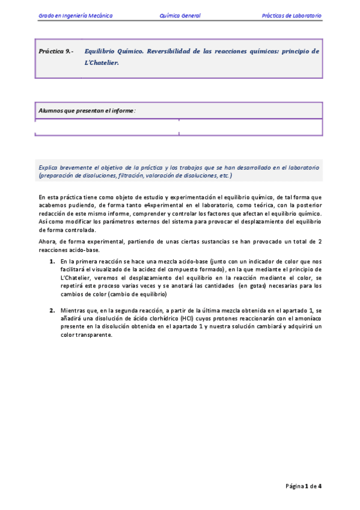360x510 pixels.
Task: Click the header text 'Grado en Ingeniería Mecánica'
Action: [75, 16]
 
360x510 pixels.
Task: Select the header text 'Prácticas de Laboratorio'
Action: [291, 16]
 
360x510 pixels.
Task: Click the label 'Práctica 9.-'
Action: [55, 52]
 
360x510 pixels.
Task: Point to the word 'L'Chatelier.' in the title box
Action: [103, 61]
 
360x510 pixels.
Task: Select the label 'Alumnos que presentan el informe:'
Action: [87, 111]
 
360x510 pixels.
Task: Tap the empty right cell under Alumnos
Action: [251, 127]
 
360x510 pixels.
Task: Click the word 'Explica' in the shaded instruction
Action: [48, 168]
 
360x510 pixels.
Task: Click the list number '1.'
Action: [52, 262]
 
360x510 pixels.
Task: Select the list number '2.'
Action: [52, 310]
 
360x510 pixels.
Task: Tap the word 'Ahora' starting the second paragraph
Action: [47, 242]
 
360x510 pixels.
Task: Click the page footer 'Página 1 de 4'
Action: [304, 486]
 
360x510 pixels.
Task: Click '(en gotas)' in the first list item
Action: [252, 287]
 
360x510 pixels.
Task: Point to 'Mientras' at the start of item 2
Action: [73, 310]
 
